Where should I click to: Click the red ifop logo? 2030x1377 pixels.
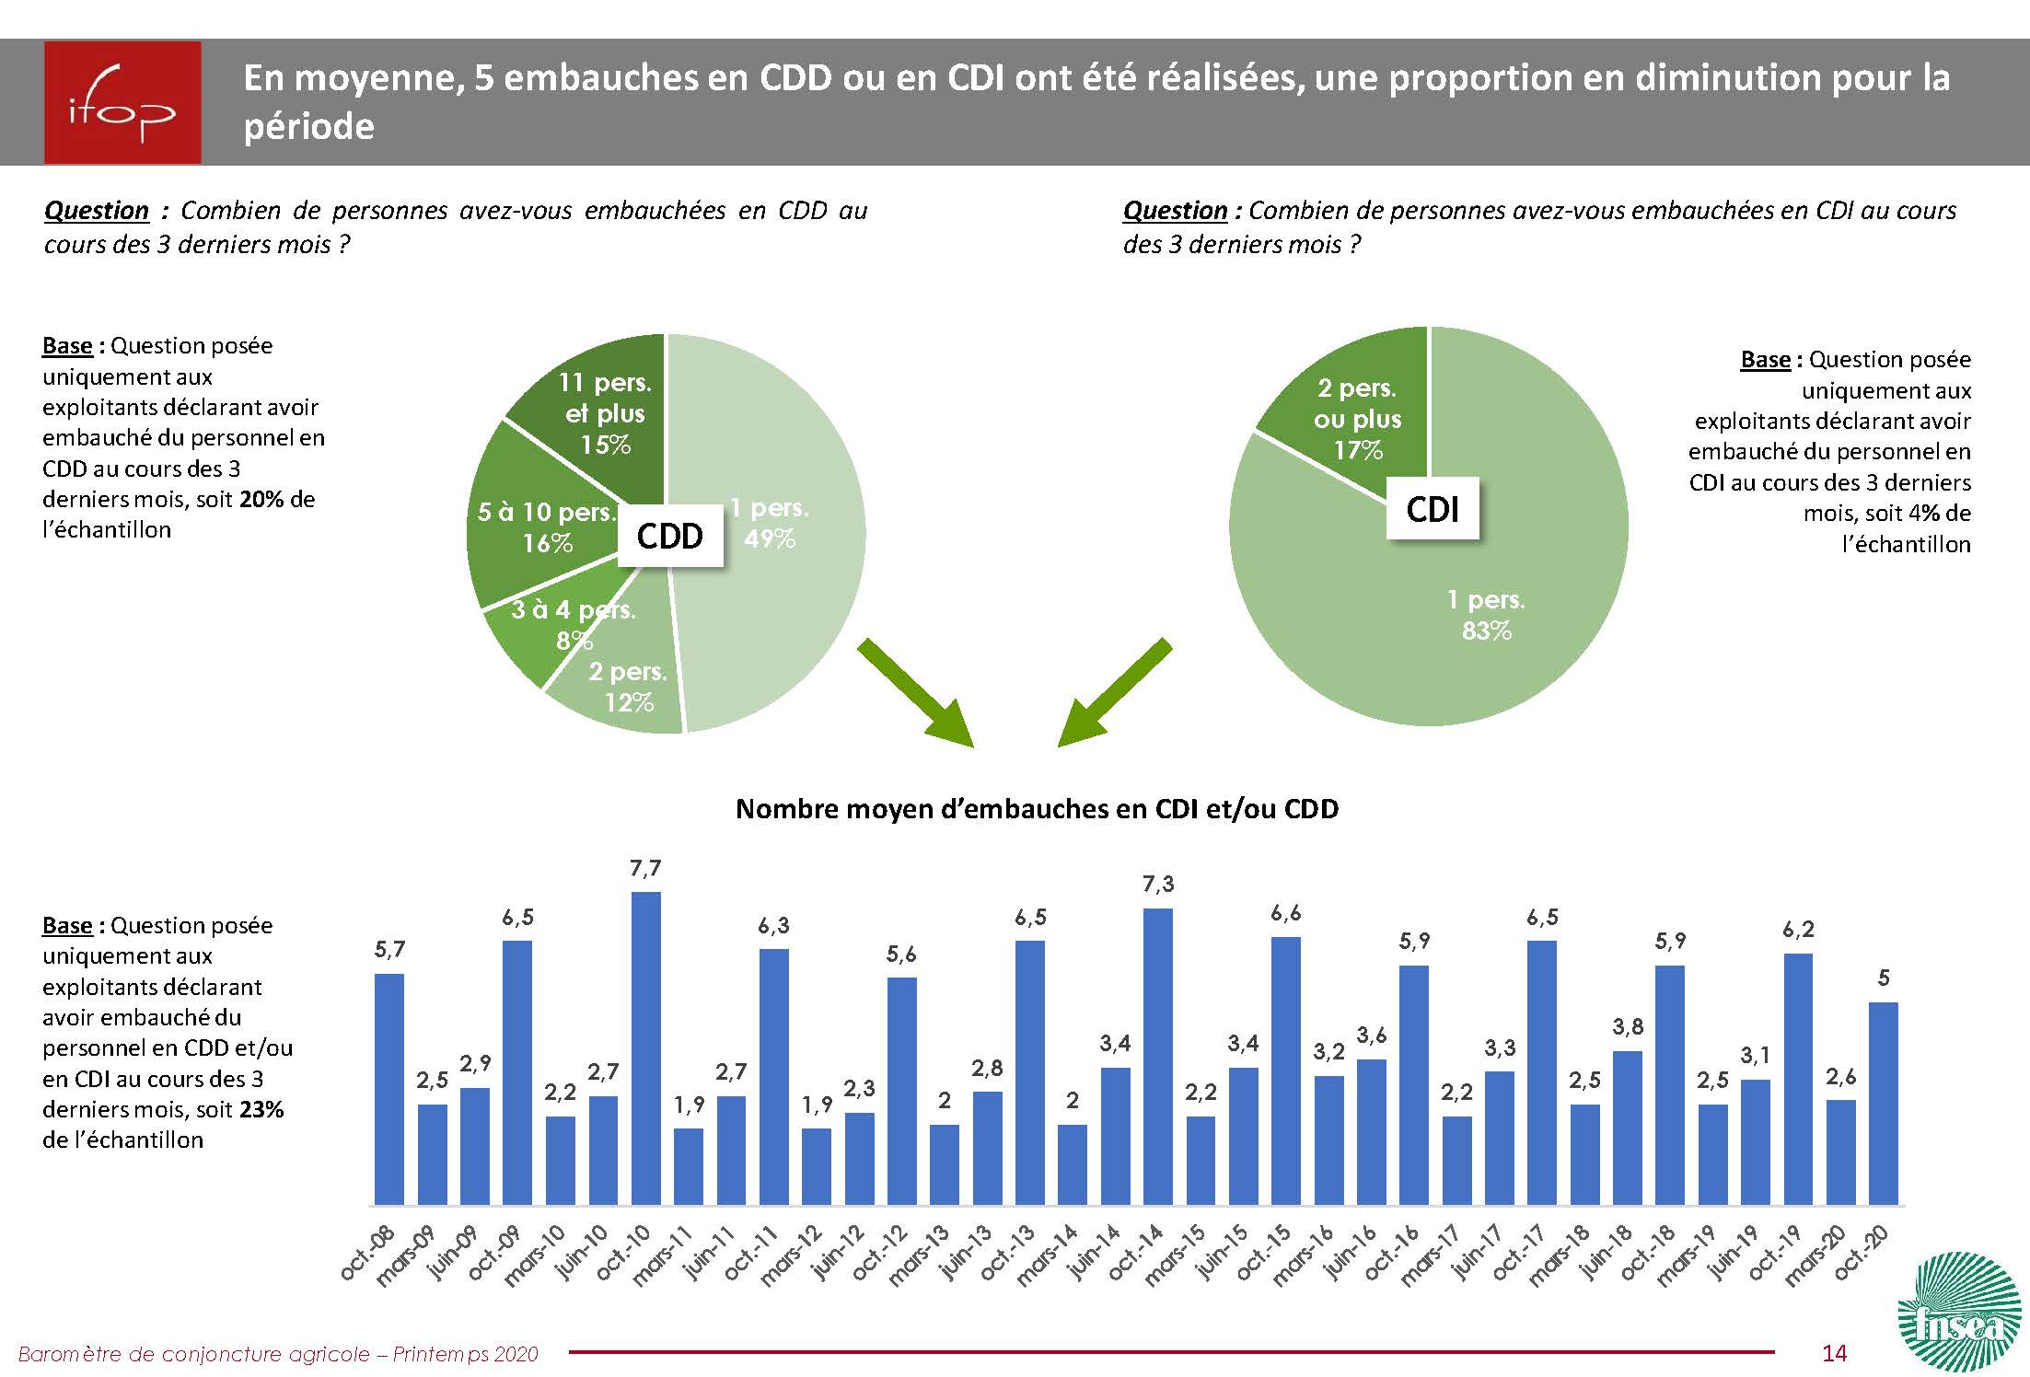pos(122,102)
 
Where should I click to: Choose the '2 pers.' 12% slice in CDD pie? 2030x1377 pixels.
pos(626,690)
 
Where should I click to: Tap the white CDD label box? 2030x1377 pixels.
pos(669,536)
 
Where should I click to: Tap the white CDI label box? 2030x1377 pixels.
pos(1433,508)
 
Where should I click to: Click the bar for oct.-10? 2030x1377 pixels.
pos(645,1048)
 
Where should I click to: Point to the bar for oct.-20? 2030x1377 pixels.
pos(1883,1104)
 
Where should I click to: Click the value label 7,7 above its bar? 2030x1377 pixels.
pos(645,869)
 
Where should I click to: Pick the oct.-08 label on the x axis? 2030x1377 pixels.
pos(366,1253)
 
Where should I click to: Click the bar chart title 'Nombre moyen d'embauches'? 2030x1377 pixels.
pos(1037,809)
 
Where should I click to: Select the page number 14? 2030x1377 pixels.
pos(1834,1352)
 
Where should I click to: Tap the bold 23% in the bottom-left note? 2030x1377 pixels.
pos(261,1109)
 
